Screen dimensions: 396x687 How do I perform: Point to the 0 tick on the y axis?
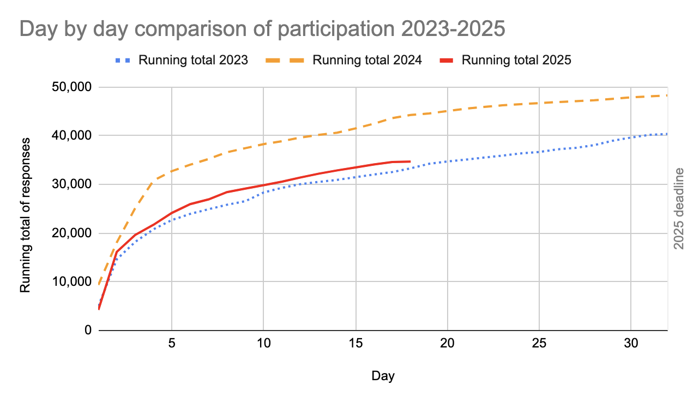(88, 331)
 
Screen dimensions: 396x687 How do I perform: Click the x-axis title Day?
(383, 376)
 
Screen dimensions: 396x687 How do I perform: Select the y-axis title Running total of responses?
(25, 214)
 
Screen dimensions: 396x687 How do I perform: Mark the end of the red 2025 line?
(410, 161)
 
